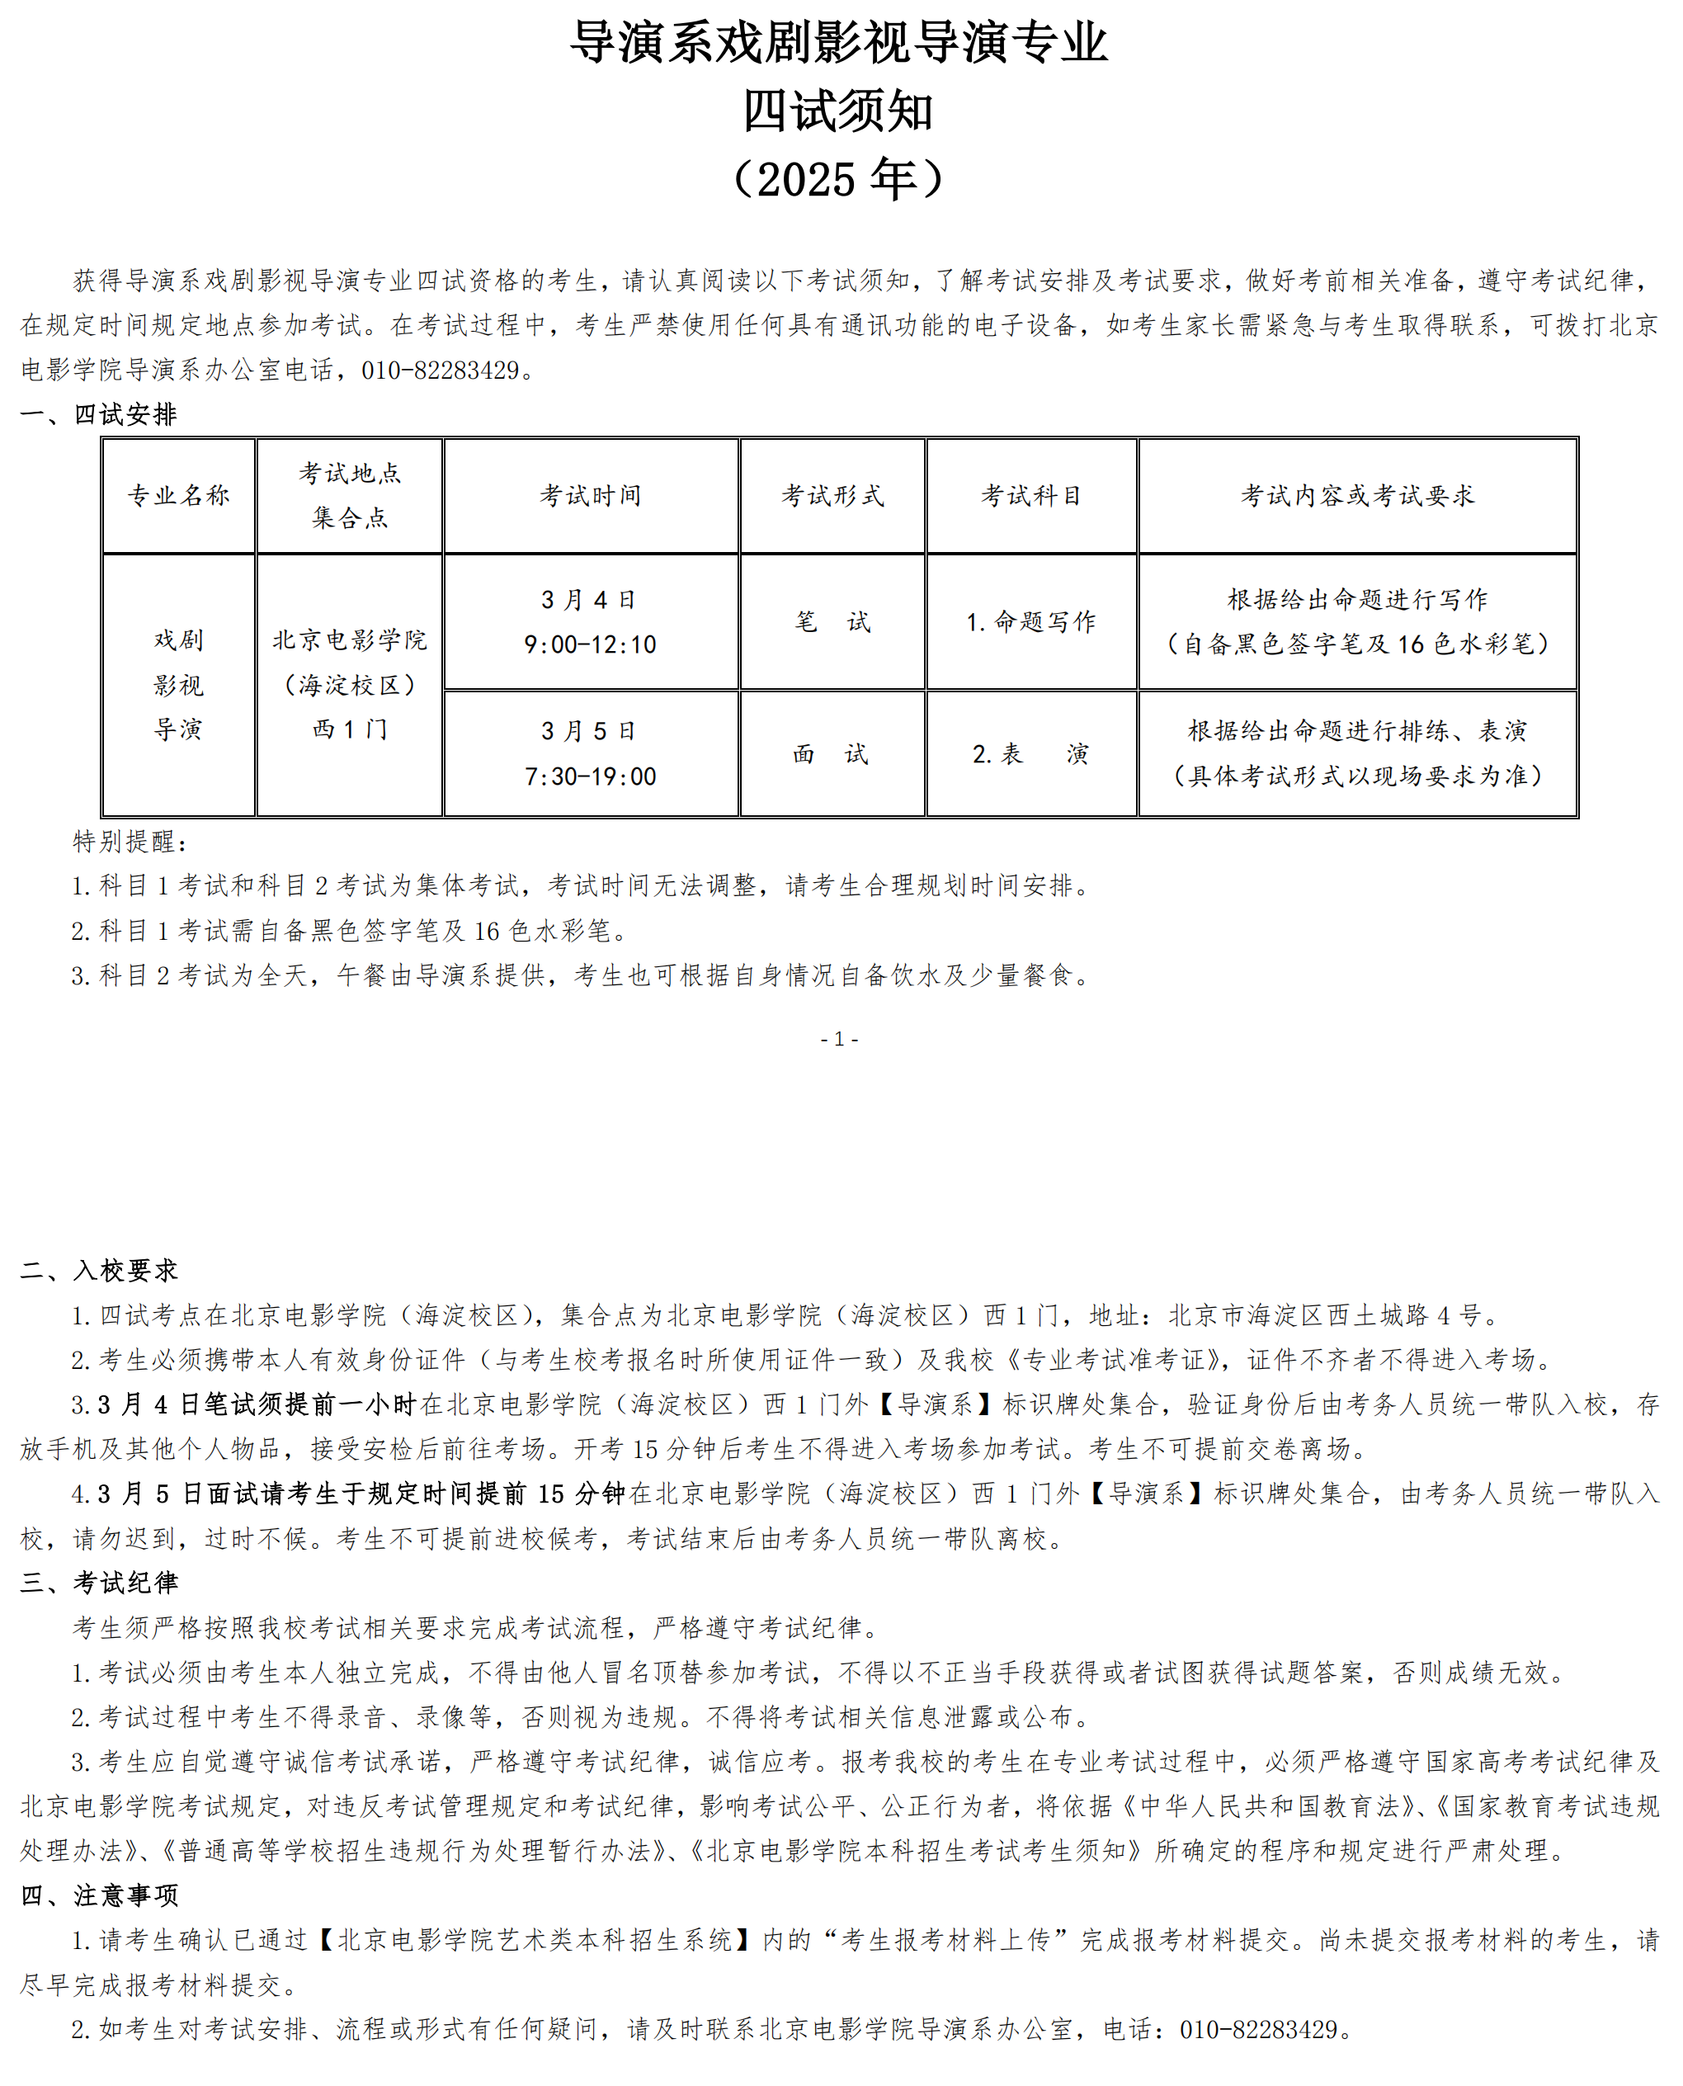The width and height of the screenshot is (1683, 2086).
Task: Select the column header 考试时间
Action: pos(591,496)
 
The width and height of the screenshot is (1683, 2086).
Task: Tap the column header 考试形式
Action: pos(832,496)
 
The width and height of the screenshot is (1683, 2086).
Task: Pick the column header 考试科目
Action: pos(1031,496)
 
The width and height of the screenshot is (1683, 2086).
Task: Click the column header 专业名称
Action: pos(179,496)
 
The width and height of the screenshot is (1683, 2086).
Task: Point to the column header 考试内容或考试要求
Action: pos(1357,496)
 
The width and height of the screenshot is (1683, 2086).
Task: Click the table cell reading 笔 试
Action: pos(832,621)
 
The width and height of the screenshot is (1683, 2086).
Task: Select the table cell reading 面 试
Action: pos(831,753)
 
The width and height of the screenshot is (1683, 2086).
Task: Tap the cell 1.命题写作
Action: pos(1031,621)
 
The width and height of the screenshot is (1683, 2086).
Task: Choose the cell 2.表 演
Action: pos(1030,753)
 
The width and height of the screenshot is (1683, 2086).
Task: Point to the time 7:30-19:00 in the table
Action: pos(591,776)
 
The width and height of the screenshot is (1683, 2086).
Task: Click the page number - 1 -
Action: pos(840,1040)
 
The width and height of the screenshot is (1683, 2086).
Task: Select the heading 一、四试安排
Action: pos(99,415)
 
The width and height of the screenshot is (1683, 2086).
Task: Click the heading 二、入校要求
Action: pos(99,1271)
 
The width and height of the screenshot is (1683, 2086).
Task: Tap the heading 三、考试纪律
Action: pos(99,1583)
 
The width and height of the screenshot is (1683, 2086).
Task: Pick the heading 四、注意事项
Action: pos(99,1895)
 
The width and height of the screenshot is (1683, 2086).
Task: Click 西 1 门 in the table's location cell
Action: pos(350,729)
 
